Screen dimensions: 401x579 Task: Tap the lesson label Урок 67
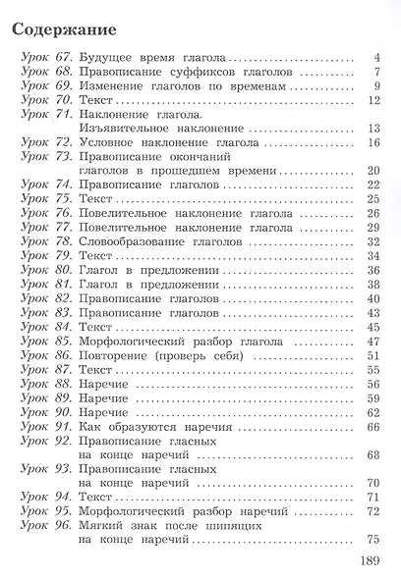point(44,57)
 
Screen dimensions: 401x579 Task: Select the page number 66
point(372,426)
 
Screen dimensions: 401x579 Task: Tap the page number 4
point(376,57)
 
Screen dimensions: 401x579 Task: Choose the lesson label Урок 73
point(44,156)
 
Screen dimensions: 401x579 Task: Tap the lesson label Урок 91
point(44,426)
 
